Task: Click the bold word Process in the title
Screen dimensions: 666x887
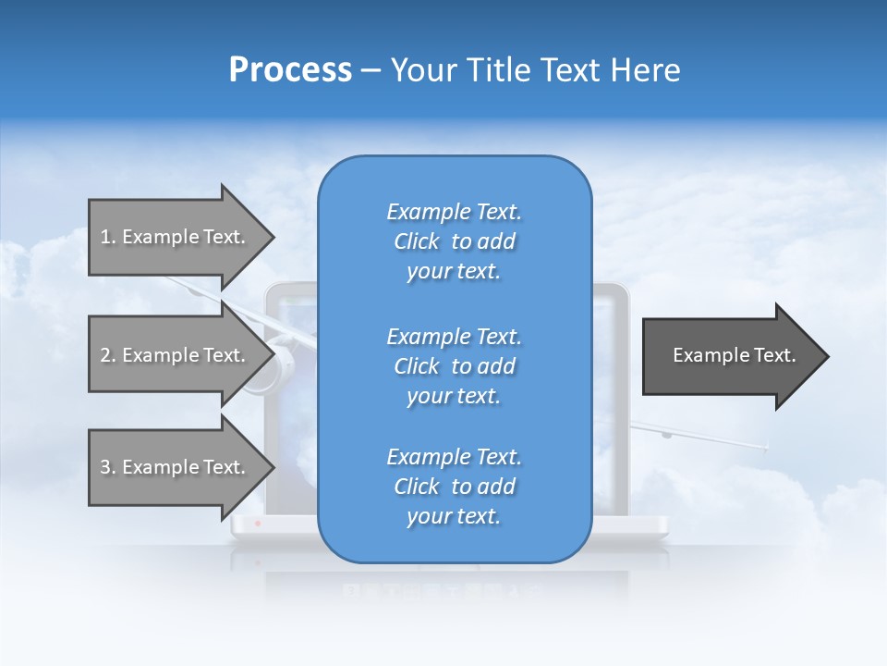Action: [x=290, y=70]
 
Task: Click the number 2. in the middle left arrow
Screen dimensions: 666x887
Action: [x=108, y=355]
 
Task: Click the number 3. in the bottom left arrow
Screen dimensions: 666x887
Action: [x=108, y=467]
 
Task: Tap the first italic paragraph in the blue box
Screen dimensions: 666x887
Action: [x=454, y=241]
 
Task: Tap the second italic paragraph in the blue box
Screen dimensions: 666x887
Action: [x=454, y=366]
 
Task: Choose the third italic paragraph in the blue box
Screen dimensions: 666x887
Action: [x=454, y=487]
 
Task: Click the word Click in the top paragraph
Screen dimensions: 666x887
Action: [x=417, y=241]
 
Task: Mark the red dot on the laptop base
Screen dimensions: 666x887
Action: [x=258, y=524]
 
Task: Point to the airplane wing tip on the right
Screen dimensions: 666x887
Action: [x=765, y=448]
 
